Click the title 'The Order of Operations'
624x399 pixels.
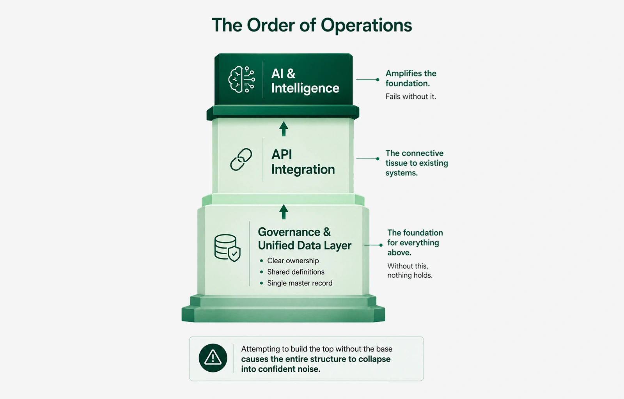[x=312, y=25]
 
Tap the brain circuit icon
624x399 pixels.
[x=241, y=80]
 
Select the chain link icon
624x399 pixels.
[x=241, y=160]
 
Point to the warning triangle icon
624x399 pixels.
[x=213, y=358]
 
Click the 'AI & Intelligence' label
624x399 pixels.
[x=305, y=81]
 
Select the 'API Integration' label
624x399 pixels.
[x=303, y=162]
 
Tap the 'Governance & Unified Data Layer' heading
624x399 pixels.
[x=305, y=239]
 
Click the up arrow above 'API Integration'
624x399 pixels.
[x=284, y=129]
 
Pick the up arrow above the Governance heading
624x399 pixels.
[x=284, y=212]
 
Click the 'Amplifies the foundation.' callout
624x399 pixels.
[x=411, y=78]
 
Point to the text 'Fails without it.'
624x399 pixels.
[x=411, y=96]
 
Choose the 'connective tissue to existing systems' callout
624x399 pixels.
[x=417, y=163]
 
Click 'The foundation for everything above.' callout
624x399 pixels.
[x=415, y=243]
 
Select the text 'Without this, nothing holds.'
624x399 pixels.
[x=410, y=271]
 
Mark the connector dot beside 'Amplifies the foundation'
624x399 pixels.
[x=378, y=80]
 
